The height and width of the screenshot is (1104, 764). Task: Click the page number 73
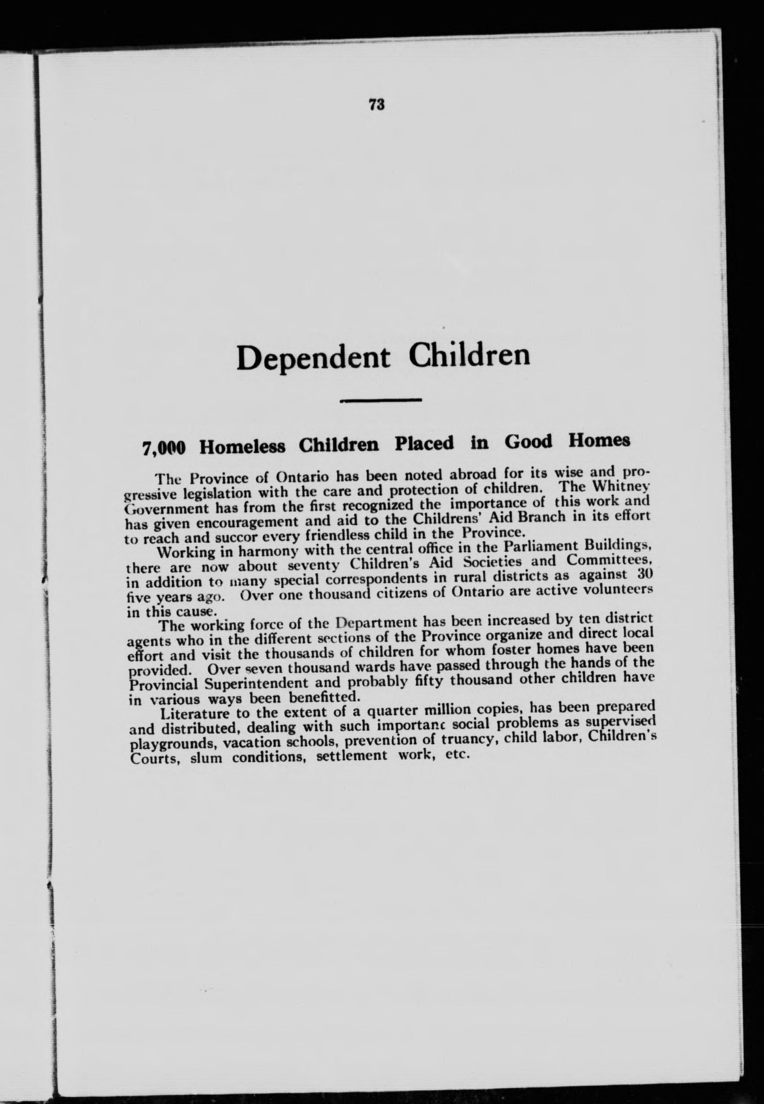(377, 105)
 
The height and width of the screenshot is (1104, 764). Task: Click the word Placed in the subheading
(424, 443)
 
